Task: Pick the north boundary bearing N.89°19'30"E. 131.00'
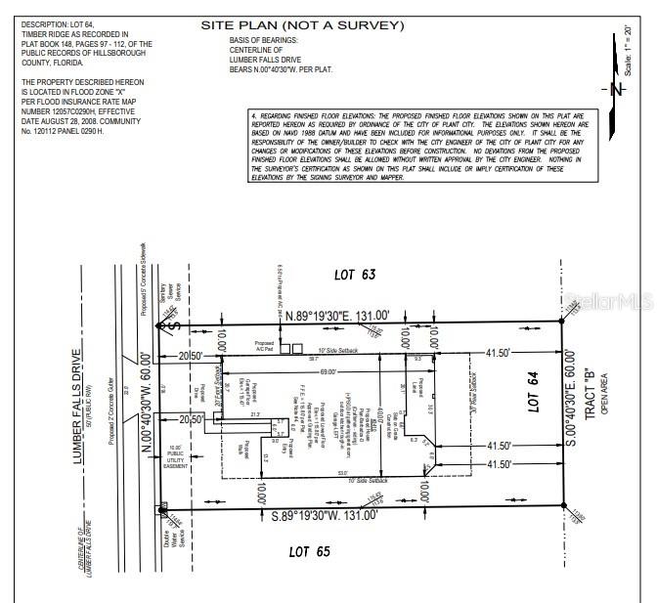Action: pos(337,315)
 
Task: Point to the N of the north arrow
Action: pos(614,90)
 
